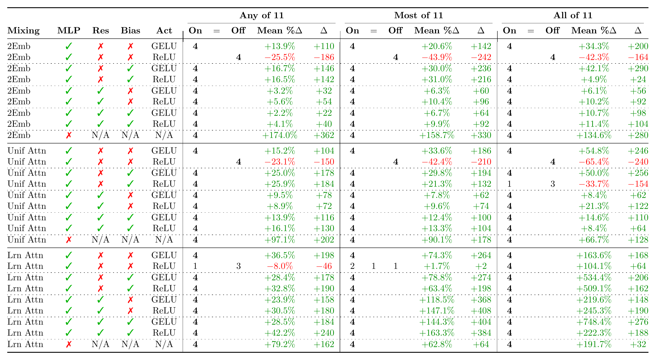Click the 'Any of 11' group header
tap(262, 15)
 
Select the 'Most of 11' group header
tap(419, 15)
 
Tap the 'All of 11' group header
tap(573, 15)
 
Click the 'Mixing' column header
tap(23, 31)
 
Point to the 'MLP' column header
tap(69, 31)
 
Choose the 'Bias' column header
tap(130, 31)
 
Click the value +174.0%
tap(280, 135)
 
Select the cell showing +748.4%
tap(594, 322)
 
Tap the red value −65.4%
tap(594, 162)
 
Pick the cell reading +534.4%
tap(594, 277)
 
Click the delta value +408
tap(481, 311)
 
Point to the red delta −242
tap(481, 57)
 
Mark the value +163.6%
tap(594, 255)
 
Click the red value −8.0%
tap(280, 266)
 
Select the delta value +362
tap(324, 135)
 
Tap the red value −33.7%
tap(594, 184)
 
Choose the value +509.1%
tap(594, 289)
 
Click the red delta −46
tap(324, 266)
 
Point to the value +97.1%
tap(280, 240)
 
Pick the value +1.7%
tap(437, 266)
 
